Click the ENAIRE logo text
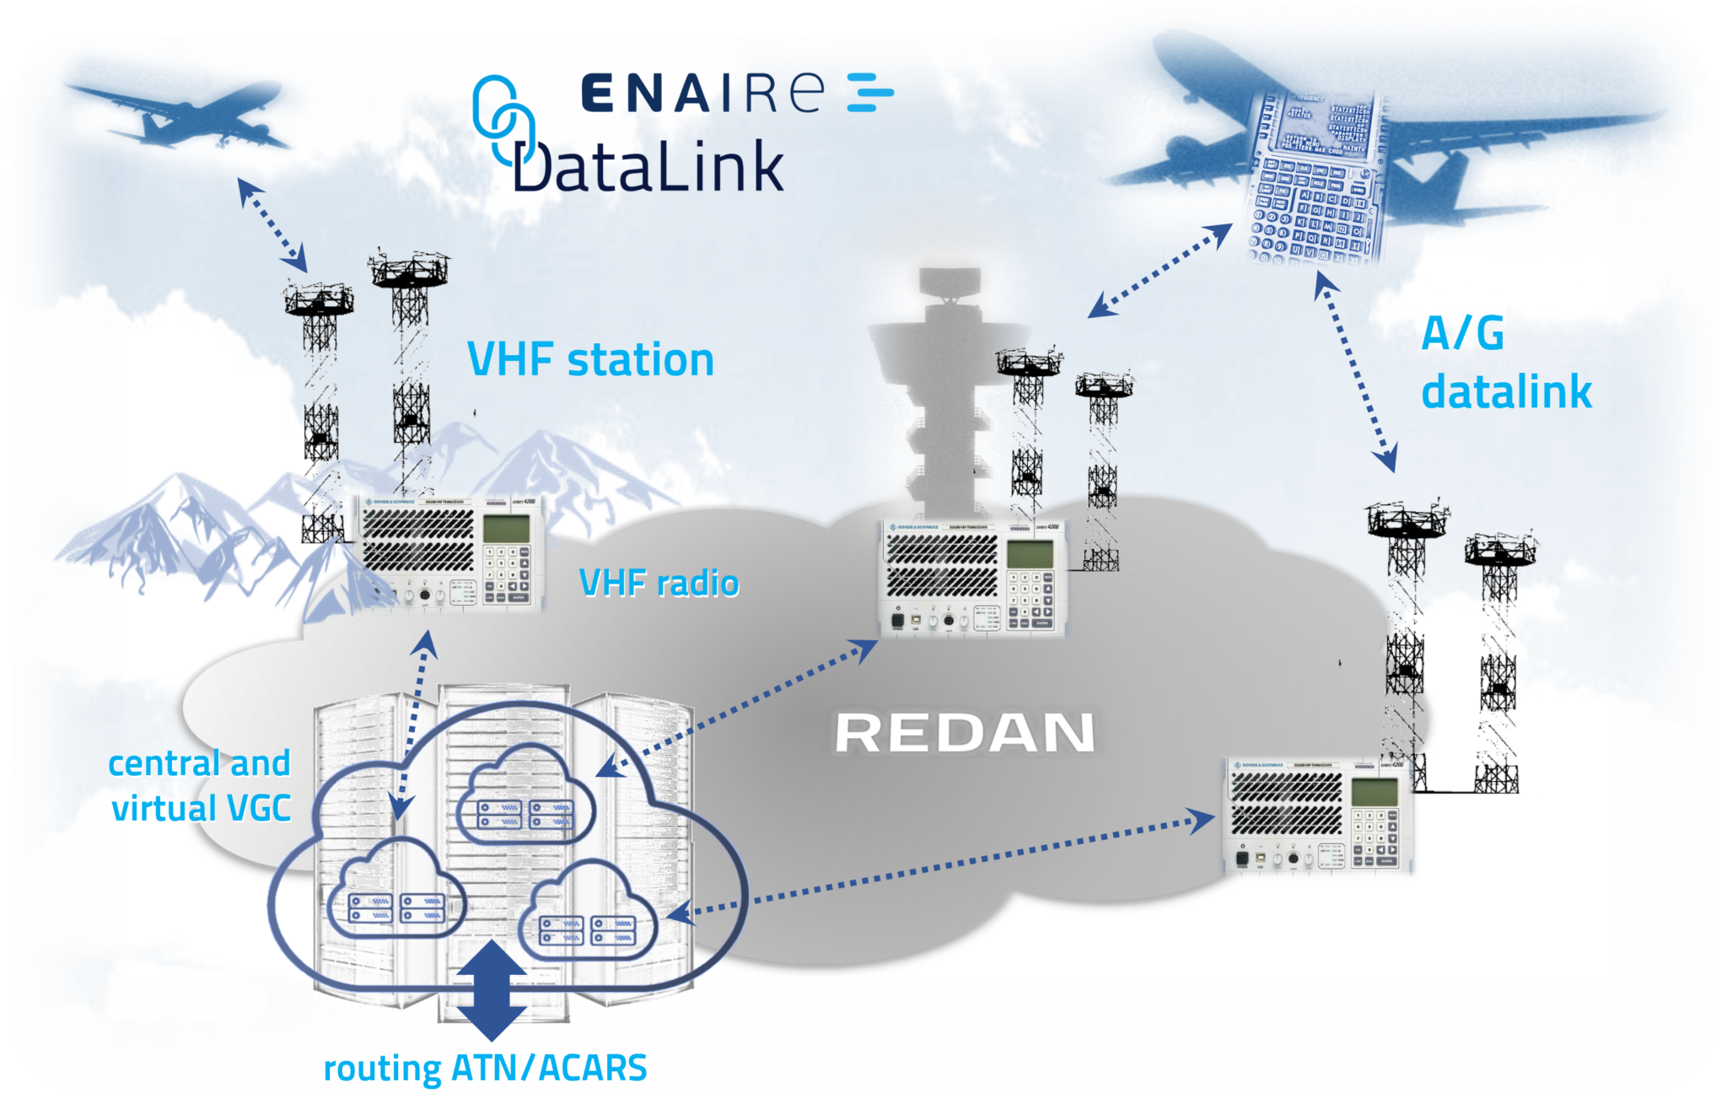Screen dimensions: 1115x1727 click(702, 93)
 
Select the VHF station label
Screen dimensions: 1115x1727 click(590, 360)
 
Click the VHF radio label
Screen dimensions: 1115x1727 click(659, 583)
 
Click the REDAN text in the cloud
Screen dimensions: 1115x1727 click(965, 732)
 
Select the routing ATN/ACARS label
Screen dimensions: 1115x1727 click(485, 1068)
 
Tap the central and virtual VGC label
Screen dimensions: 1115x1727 click(201, 786)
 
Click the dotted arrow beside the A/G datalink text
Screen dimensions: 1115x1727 click(1355, 371)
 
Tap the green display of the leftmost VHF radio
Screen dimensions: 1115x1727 click(506, 529)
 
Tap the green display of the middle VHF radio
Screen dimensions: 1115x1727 click(1030, 554)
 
